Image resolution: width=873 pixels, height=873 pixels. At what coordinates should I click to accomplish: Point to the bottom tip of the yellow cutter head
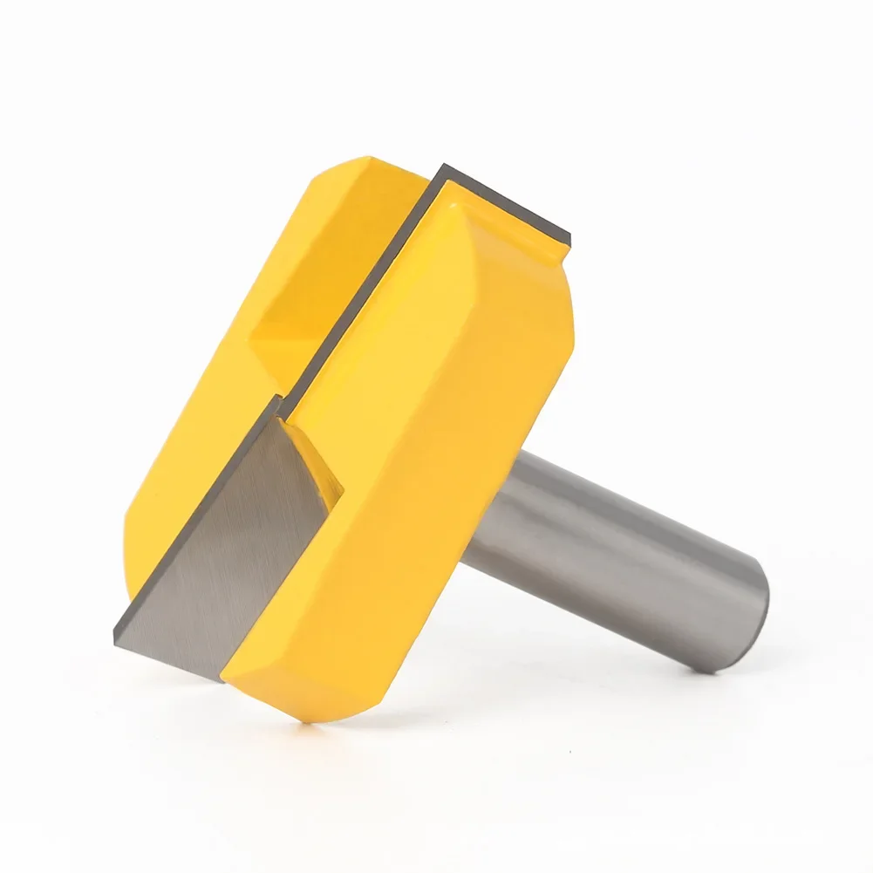coord(301,717)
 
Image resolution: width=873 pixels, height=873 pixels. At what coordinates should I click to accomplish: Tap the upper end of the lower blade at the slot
coord(277,406)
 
